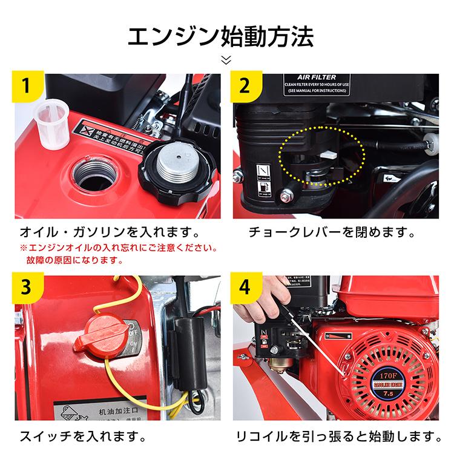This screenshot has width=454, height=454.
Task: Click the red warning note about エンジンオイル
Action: pyautogui.click(x=118, y=254)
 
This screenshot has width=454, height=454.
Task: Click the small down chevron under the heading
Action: pyautogui.click(x=226, y=59)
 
